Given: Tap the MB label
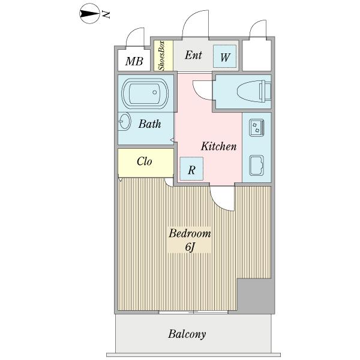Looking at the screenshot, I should tap(134, 61).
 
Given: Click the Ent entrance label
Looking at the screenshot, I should tap(193, 56).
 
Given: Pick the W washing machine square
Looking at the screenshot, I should tap(225, 58).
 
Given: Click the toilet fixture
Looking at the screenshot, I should tap(252, 91).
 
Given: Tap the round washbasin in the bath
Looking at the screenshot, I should tap(124, 122).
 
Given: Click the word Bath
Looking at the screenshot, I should tap(149, 125).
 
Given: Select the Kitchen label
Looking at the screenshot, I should tap(218, 146).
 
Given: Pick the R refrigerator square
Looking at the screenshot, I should tap(191, 169).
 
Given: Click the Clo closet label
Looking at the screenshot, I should tap(144, 161).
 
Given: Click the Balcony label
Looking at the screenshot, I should tap(187, 334).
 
